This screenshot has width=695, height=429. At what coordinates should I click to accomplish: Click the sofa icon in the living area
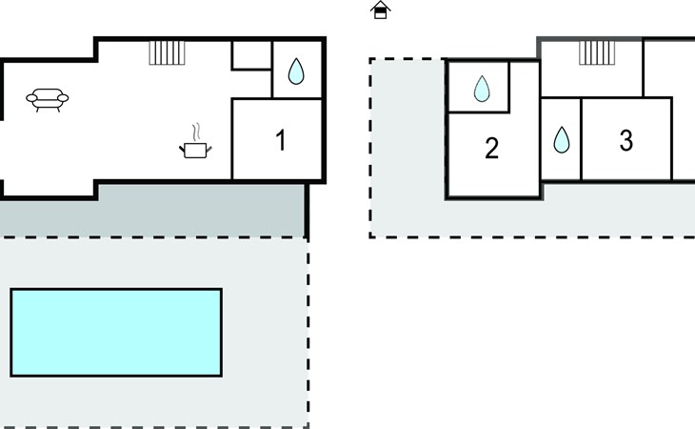point(48,99)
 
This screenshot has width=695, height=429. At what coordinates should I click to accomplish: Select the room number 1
point(281,140)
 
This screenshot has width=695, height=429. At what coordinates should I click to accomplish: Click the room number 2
point(491,148)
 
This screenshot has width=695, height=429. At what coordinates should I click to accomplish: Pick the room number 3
point(625,140)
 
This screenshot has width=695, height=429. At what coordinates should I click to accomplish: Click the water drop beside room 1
point(296,71)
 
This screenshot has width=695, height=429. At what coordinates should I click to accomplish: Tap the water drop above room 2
point(482,89)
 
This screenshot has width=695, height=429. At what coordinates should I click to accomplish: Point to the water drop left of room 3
point(562,140)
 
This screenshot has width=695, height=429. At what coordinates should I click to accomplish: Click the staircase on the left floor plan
point(167,52)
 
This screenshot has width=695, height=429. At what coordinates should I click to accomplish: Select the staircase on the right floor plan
point(597,52)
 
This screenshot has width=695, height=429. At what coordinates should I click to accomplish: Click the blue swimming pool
point(116,333)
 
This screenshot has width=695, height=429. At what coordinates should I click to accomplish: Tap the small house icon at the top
point(380,10)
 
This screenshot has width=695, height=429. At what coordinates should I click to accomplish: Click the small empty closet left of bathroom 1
point(251,55)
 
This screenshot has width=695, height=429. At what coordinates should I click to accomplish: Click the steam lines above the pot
point(196,133)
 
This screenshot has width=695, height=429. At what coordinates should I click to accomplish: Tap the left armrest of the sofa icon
point(31,98)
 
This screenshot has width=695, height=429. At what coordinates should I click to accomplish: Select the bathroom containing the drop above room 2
point(479,87)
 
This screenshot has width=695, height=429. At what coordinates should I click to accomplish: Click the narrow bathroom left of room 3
point(561,139)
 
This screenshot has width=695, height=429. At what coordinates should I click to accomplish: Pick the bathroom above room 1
point(297,70)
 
